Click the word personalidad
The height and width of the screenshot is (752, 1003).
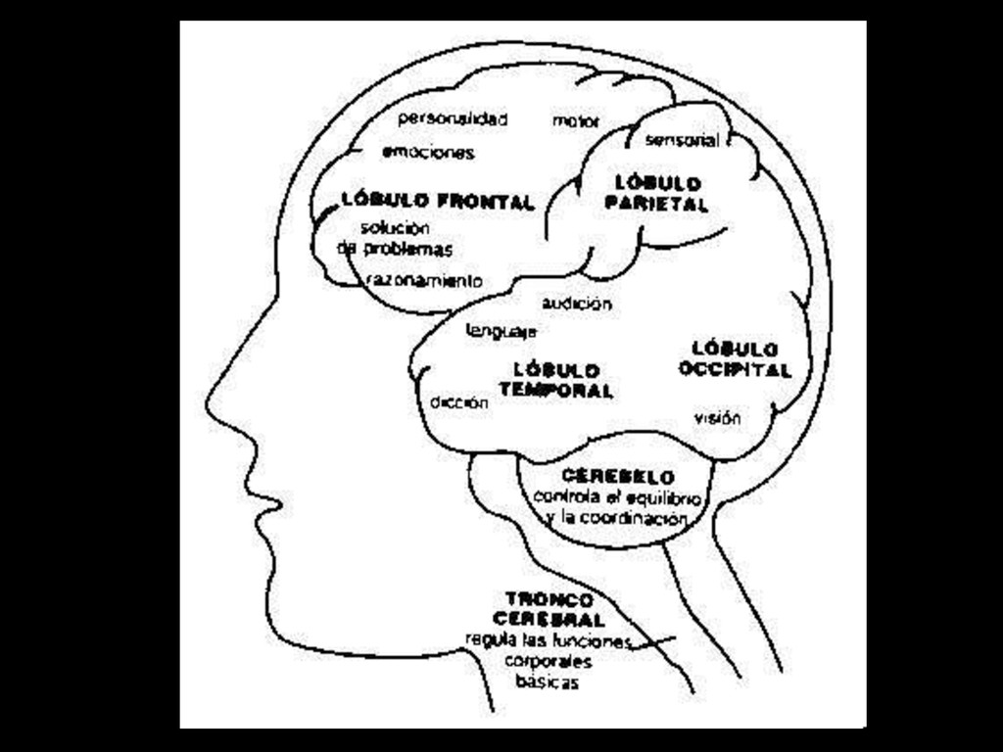(x=453, y=119)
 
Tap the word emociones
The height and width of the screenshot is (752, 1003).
(x=428, y=153)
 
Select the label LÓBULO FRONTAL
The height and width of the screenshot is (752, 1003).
(x=438, y=201)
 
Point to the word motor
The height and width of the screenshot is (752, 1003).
(x=576, y=122)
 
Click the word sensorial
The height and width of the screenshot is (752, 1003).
(x=683, y=141)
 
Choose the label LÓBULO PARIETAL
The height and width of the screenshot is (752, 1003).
(x=656, y=194)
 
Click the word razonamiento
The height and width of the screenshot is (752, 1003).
(x=424, y=281)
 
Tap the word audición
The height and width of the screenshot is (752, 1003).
(x=577, y=305)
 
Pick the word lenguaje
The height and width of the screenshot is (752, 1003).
(x=501, y=331)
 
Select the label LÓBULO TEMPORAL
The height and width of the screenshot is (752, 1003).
(x=556, y=380)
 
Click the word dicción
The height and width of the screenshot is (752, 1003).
(x=458, y=402)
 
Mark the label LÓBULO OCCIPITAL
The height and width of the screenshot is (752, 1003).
(x=735, y=359)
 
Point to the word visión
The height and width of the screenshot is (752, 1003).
(x=717, y=419)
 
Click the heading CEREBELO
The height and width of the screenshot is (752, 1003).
(x=618, y=477)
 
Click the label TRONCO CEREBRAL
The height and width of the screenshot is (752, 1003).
(x=549, y=608)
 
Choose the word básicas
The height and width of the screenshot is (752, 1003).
(x=547, y=682)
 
